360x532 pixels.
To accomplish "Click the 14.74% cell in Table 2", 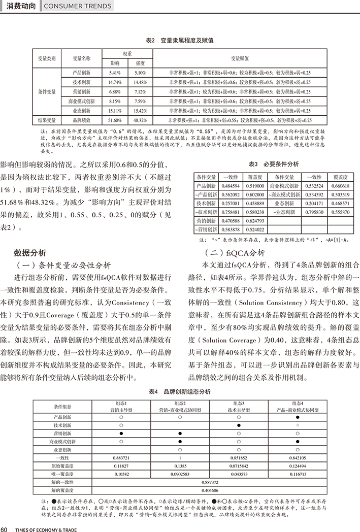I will coord(115,82).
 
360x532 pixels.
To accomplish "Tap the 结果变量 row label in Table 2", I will coord(47,120).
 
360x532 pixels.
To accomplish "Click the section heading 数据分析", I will coord(30,252).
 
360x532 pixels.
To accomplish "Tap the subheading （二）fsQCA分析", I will coord(234,252).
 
